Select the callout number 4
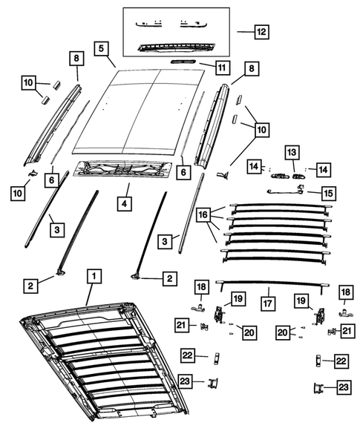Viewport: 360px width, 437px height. [x=125, y=201]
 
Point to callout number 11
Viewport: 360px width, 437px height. [x=221, y=68]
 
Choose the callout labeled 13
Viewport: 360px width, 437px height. [x=292, y=151]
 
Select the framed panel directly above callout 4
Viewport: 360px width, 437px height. [x=126, y=172]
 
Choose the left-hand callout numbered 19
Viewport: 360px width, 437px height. [x=237, y=298]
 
